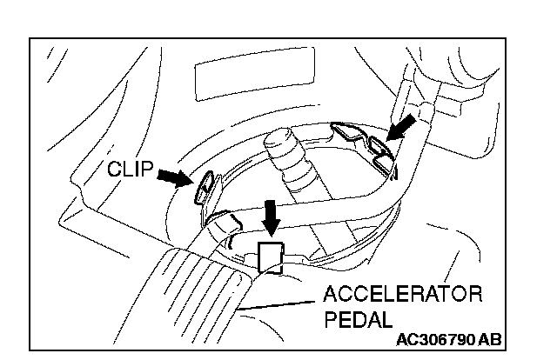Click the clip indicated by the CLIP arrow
(x=206, y=185)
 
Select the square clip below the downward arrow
(x=271, y=257)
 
